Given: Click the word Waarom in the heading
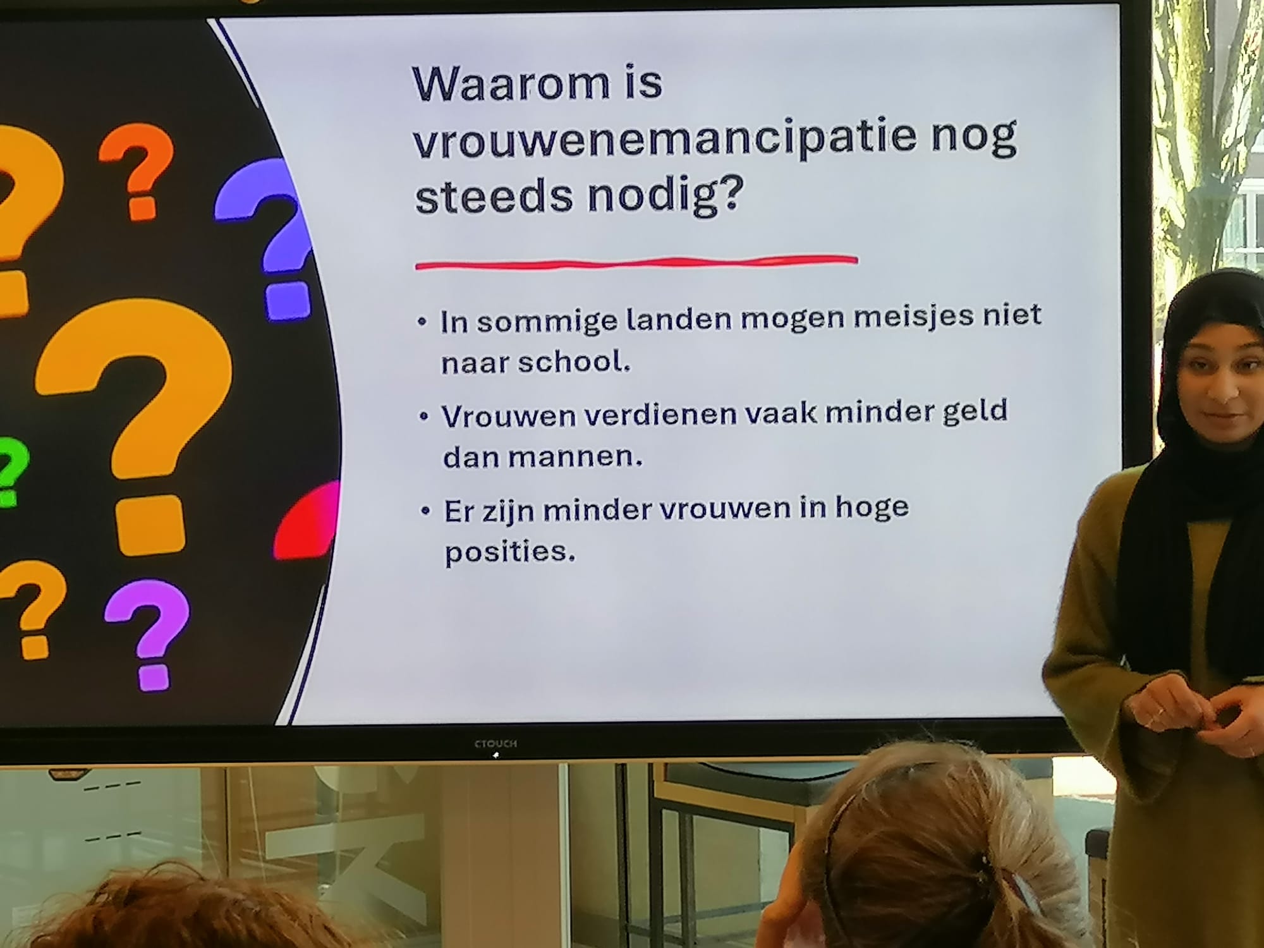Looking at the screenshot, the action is (513, 85).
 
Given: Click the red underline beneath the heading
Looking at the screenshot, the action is (636, 262).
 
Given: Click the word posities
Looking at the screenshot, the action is (510, 552).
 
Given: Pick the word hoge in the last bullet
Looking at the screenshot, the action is (872, 507).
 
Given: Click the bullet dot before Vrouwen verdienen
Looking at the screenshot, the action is (424, 417).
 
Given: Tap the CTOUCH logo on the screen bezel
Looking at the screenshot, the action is (495, 744).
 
